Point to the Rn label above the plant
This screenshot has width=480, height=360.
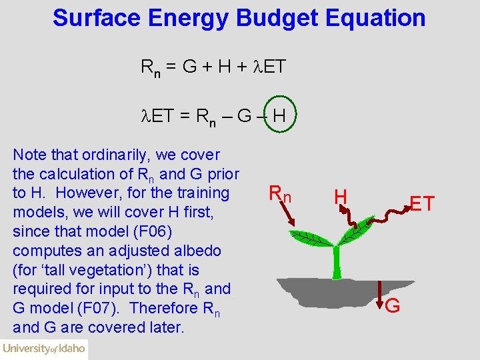[280, 194]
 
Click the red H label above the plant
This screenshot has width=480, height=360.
[340, 196]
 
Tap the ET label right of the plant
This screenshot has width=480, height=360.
[422, 203]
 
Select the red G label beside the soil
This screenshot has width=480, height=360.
[393, 306]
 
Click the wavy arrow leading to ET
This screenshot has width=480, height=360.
[384, 217]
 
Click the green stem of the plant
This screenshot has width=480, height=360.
[337, 261]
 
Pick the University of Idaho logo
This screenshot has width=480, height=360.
[44, 348]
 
